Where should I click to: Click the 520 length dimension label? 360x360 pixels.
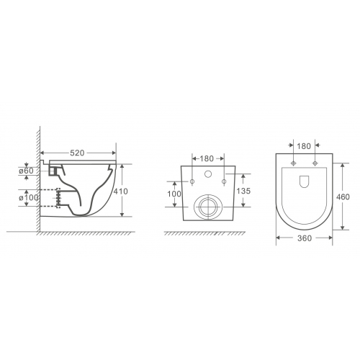(x=77, y=153)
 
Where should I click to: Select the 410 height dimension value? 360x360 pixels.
(x=121, y=192)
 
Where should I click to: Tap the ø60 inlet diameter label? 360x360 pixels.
(x=26, y=171)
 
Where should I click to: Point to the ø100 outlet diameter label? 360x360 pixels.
(x=29, y=198)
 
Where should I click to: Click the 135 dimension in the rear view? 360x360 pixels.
(x=243, y=191)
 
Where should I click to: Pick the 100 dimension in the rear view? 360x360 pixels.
(x=174, y=194)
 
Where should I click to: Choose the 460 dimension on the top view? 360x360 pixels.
(x=343, y=197)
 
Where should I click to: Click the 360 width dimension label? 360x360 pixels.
(x=305, y=238)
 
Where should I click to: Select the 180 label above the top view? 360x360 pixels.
(x=304, y=146)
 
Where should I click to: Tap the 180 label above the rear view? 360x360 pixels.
(x=207, y=158)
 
